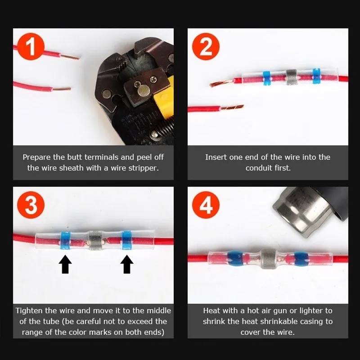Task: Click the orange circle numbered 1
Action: point(31,46)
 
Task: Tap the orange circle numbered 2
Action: point(206,46)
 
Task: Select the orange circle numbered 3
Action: point(31,205)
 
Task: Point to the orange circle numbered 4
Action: point(206,205)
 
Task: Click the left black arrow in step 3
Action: point(65,264)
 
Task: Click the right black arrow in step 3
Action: point(127,264)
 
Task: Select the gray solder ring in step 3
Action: point(95,240)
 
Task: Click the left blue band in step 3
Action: point(65,240)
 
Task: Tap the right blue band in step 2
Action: point(317,76)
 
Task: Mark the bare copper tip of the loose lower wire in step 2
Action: point(232,107)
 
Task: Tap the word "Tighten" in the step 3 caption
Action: point(29,311)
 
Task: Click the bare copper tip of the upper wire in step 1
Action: point(70,57)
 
